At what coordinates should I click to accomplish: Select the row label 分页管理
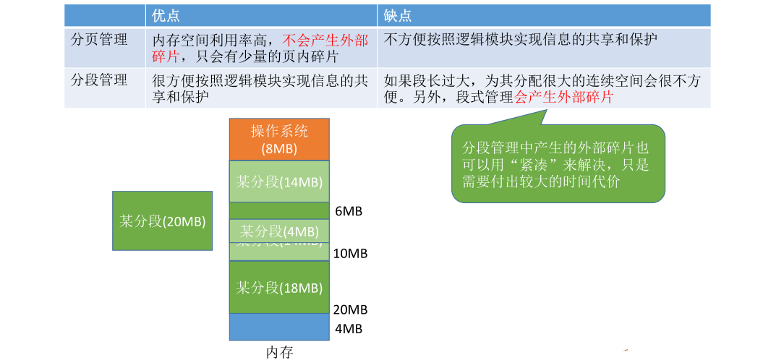point(99,40)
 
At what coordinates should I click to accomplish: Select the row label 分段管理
point(99,80)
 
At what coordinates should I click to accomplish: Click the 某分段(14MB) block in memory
point(279,181)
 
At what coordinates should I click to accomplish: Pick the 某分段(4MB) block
point(279,231)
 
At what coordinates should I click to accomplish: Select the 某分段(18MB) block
point(279,287)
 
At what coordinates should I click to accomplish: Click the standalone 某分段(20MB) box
point(163,220)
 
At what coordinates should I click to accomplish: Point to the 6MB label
point(348,212)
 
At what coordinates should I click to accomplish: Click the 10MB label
point(351,254)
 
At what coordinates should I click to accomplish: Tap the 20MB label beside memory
point(351,309)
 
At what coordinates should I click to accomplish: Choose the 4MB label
point(348,329)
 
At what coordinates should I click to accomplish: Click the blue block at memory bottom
point(279,326)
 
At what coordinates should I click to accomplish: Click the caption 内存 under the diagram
point(280,352)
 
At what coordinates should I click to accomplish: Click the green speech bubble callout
point(558,165)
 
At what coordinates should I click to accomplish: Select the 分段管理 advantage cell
point(261,87)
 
